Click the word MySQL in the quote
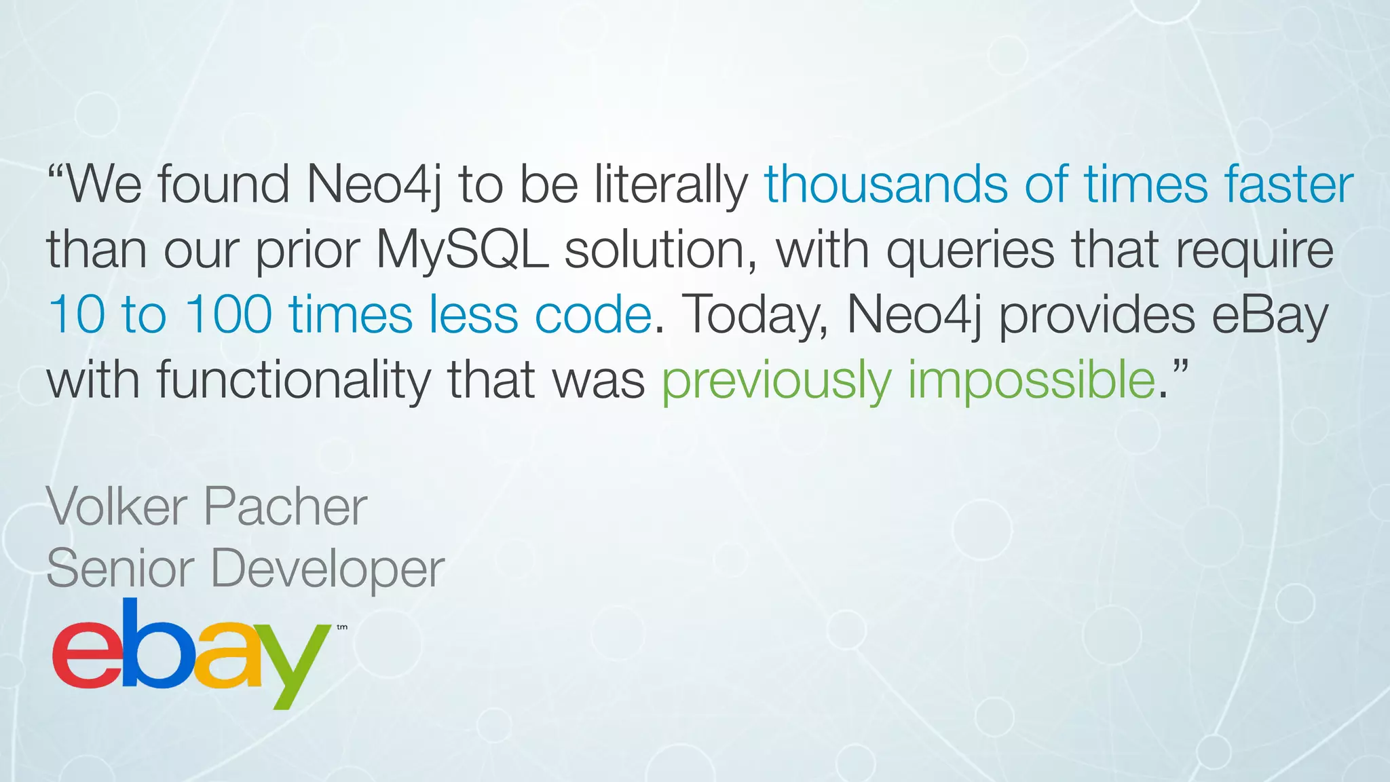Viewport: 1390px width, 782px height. (462, 250)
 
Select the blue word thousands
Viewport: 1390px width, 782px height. (885, 185)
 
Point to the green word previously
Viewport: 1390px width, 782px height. (776, 381)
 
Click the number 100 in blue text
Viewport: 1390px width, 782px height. (229, 315)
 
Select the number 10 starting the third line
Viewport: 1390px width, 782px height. (76, 315)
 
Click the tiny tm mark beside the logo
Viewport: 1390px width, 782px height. (342, 627)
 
